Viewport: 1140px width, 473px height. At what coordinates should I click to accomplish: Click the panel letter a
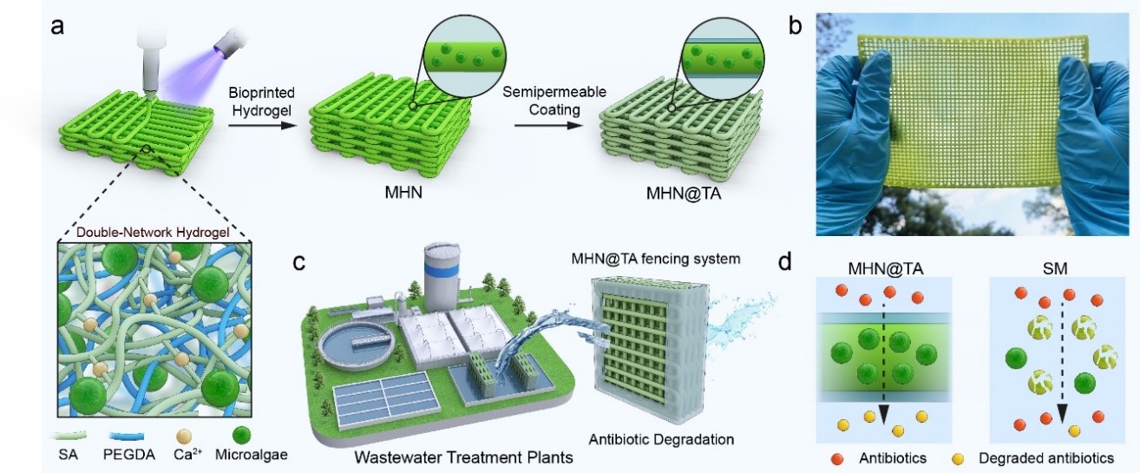tap(58, 26)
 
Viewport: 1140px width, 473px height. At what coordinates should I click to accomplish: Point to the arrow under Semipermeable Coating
tap(546, 127)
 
